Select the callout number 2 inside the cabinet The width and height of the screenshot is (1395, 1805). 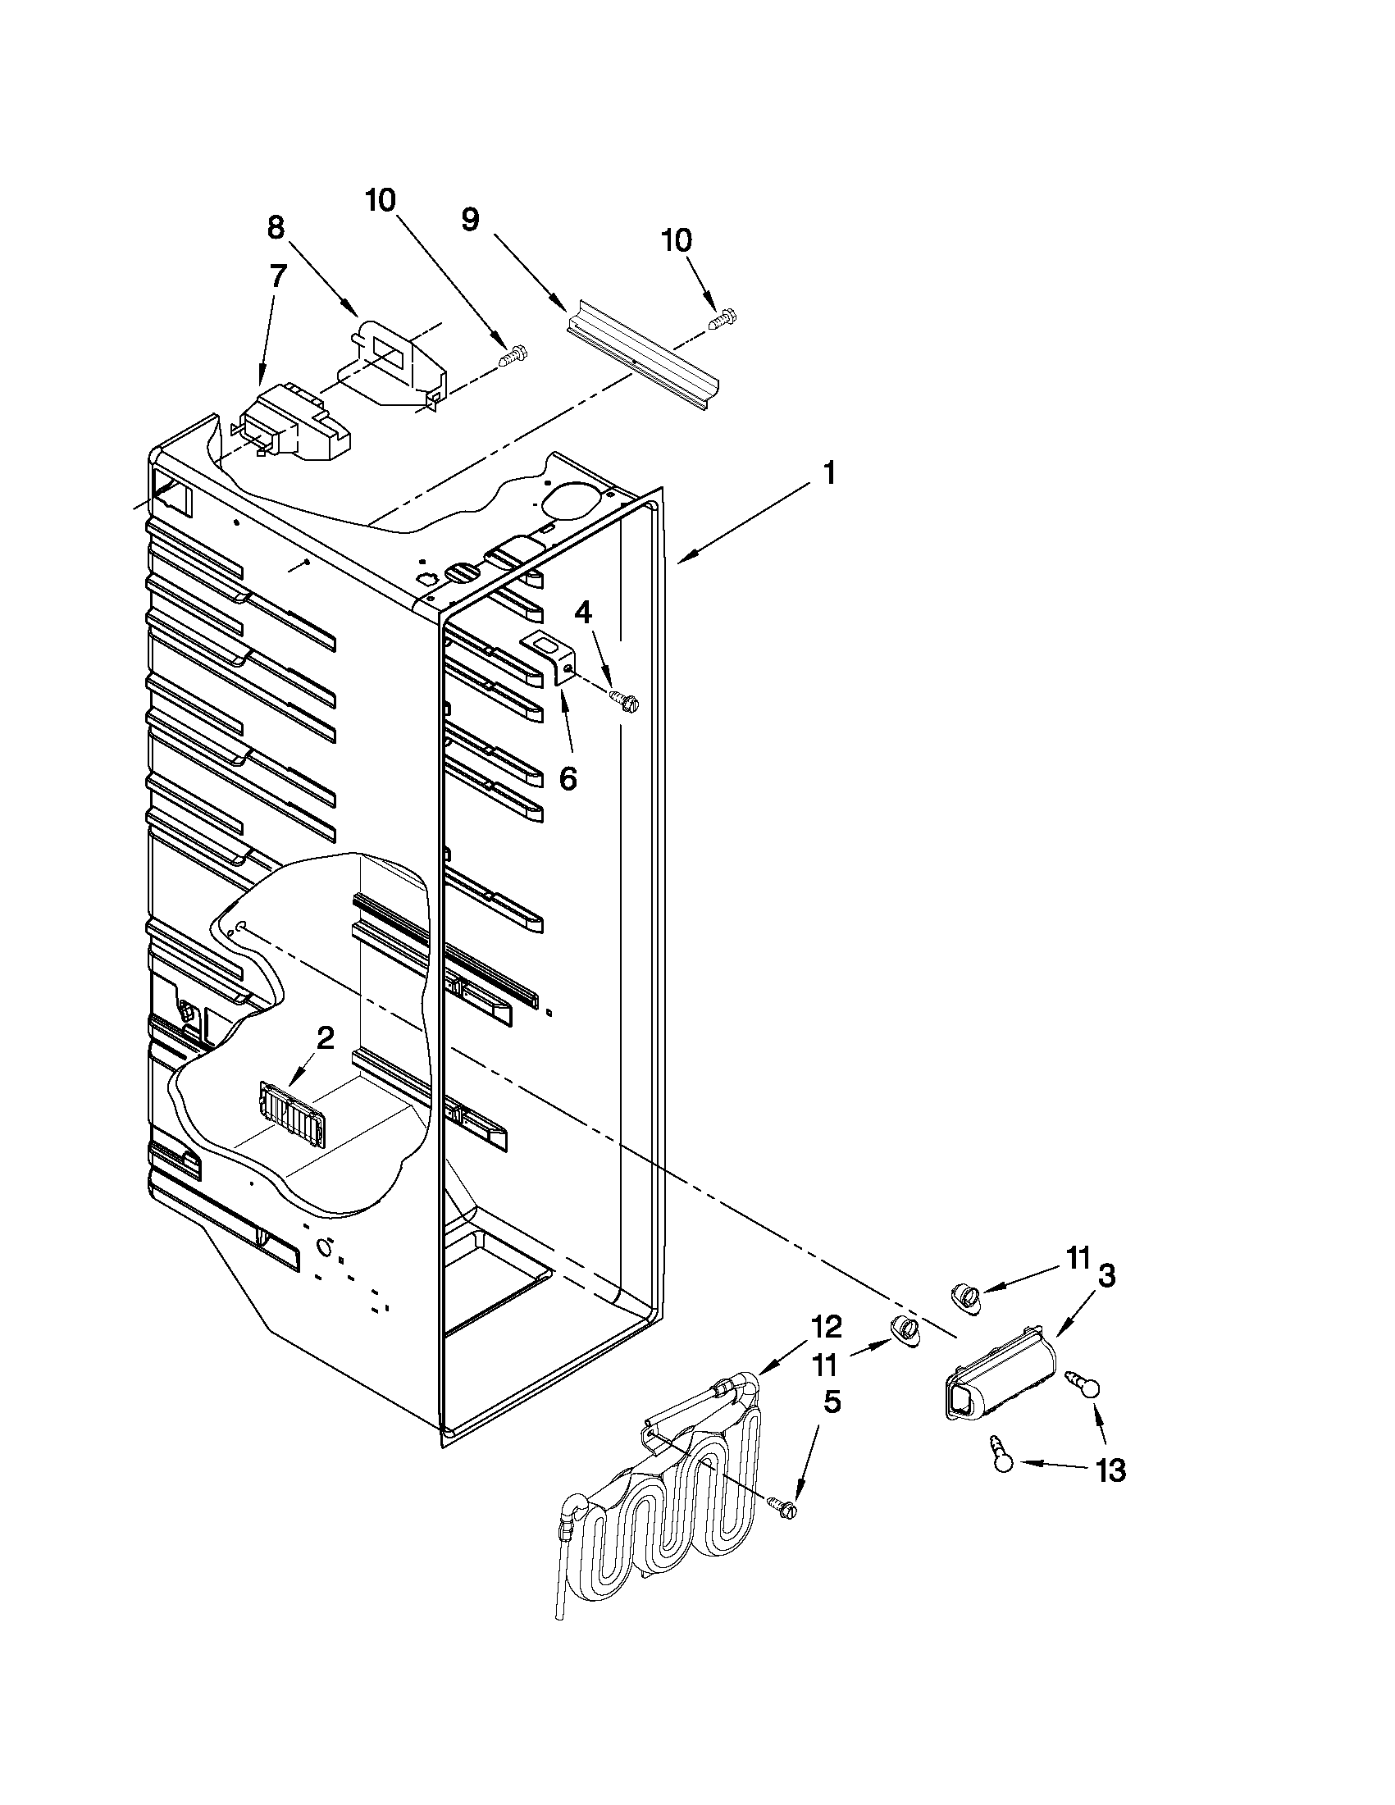pos(326,1038)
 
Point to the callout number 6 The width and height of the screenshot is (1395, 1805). pos(568,777)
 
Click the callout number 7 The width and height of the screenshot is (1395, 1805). pos(277,276)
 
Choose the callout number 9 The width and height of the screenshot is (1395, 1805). pos(469,220)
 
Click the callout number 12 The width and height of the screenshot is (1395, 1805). pos(827,1326)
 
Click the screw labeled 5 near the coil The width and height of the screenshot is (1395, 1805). pos(784,1507)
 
